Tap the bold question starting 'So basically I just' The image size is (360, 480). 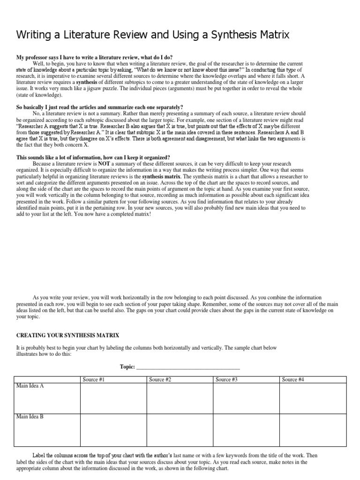pyautogui.click(x=100, y=107)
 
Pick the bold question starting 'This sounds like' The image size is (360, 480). pyautogui.click(x=93, y=157)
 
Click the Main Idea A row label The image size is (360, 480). pyautogui.click(x=30, y=385)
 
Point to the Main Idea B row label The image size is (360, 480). pyautogui.click(x=30, y=416)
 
